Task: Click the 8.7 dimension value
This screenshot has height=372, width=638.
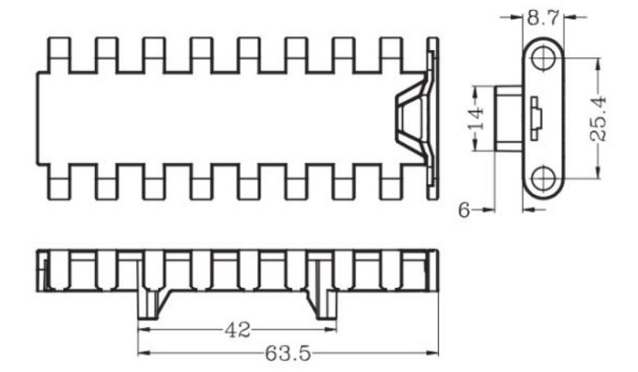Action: point(544,16)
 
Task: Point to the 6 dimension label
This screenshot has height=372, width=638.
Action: point(464,211)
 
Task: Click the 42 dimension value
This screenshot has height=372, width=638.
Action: point(237,330)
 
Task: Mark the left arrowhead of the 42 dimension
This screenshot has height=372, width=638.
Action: point(142,330)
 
